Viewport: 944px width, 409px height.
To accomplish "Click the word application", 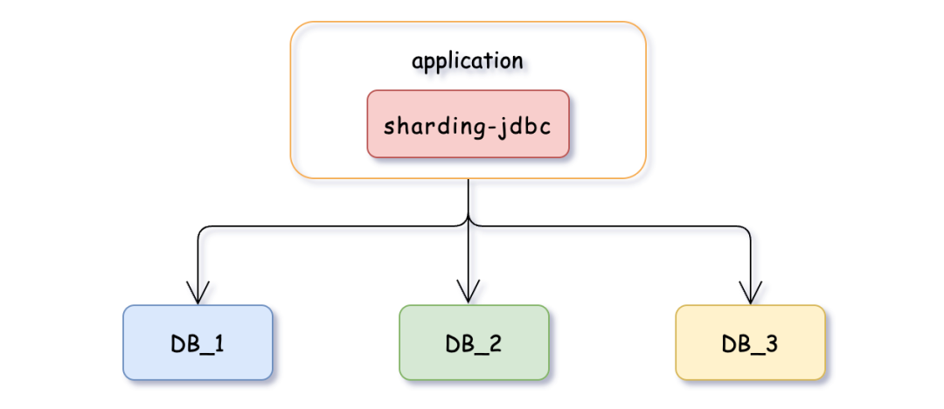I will (x=468, y=61).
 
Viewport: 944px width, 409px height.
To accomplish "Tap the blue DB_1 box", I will (x=198, y=343).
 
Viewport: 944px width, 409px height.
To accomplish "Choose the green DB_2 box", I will (x=474, y=343).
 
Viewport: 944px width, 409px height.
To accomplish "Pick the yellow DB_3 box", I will (x=750, y=343).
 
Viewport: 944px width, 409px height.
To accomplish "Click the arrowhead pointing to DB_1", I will (x=198, y=294).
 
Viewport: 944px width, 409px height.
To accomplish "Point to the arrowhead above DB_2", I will (x=469, y=294).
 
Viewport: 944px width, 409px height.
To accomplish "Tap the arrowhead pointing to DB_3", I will (x=751, y=294).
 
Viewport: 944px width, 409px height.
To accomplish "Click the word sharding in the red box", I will (x=433, y=124).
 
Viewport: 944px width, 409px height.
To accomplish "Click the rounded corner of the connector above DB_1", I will (x=202, y=231).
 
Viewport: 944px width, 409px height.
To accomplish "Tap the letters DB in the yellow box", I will (x=736, y=343).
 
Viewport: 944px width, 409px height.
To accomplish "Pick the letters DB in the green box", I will (x=460, y=343).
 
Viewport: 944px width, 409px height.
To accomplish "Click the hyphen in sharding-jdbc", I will (x=490, y=125).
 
